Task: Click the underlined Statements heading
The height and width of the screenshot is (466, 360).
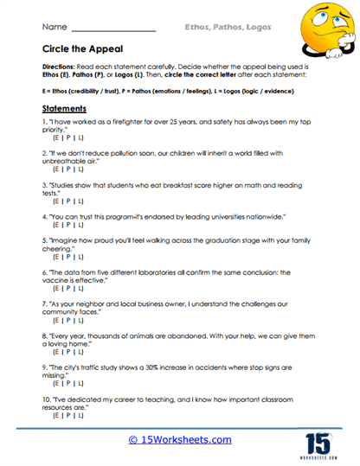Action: click(70, 110)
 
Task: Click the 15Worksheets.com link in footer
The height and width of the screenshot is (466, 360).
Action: click(179, 439)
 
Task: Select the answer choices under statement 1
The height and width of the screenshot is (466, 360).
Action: click(68, 139)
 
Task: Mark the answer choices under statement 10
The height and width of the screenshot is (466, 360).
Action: click(68, 415)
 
